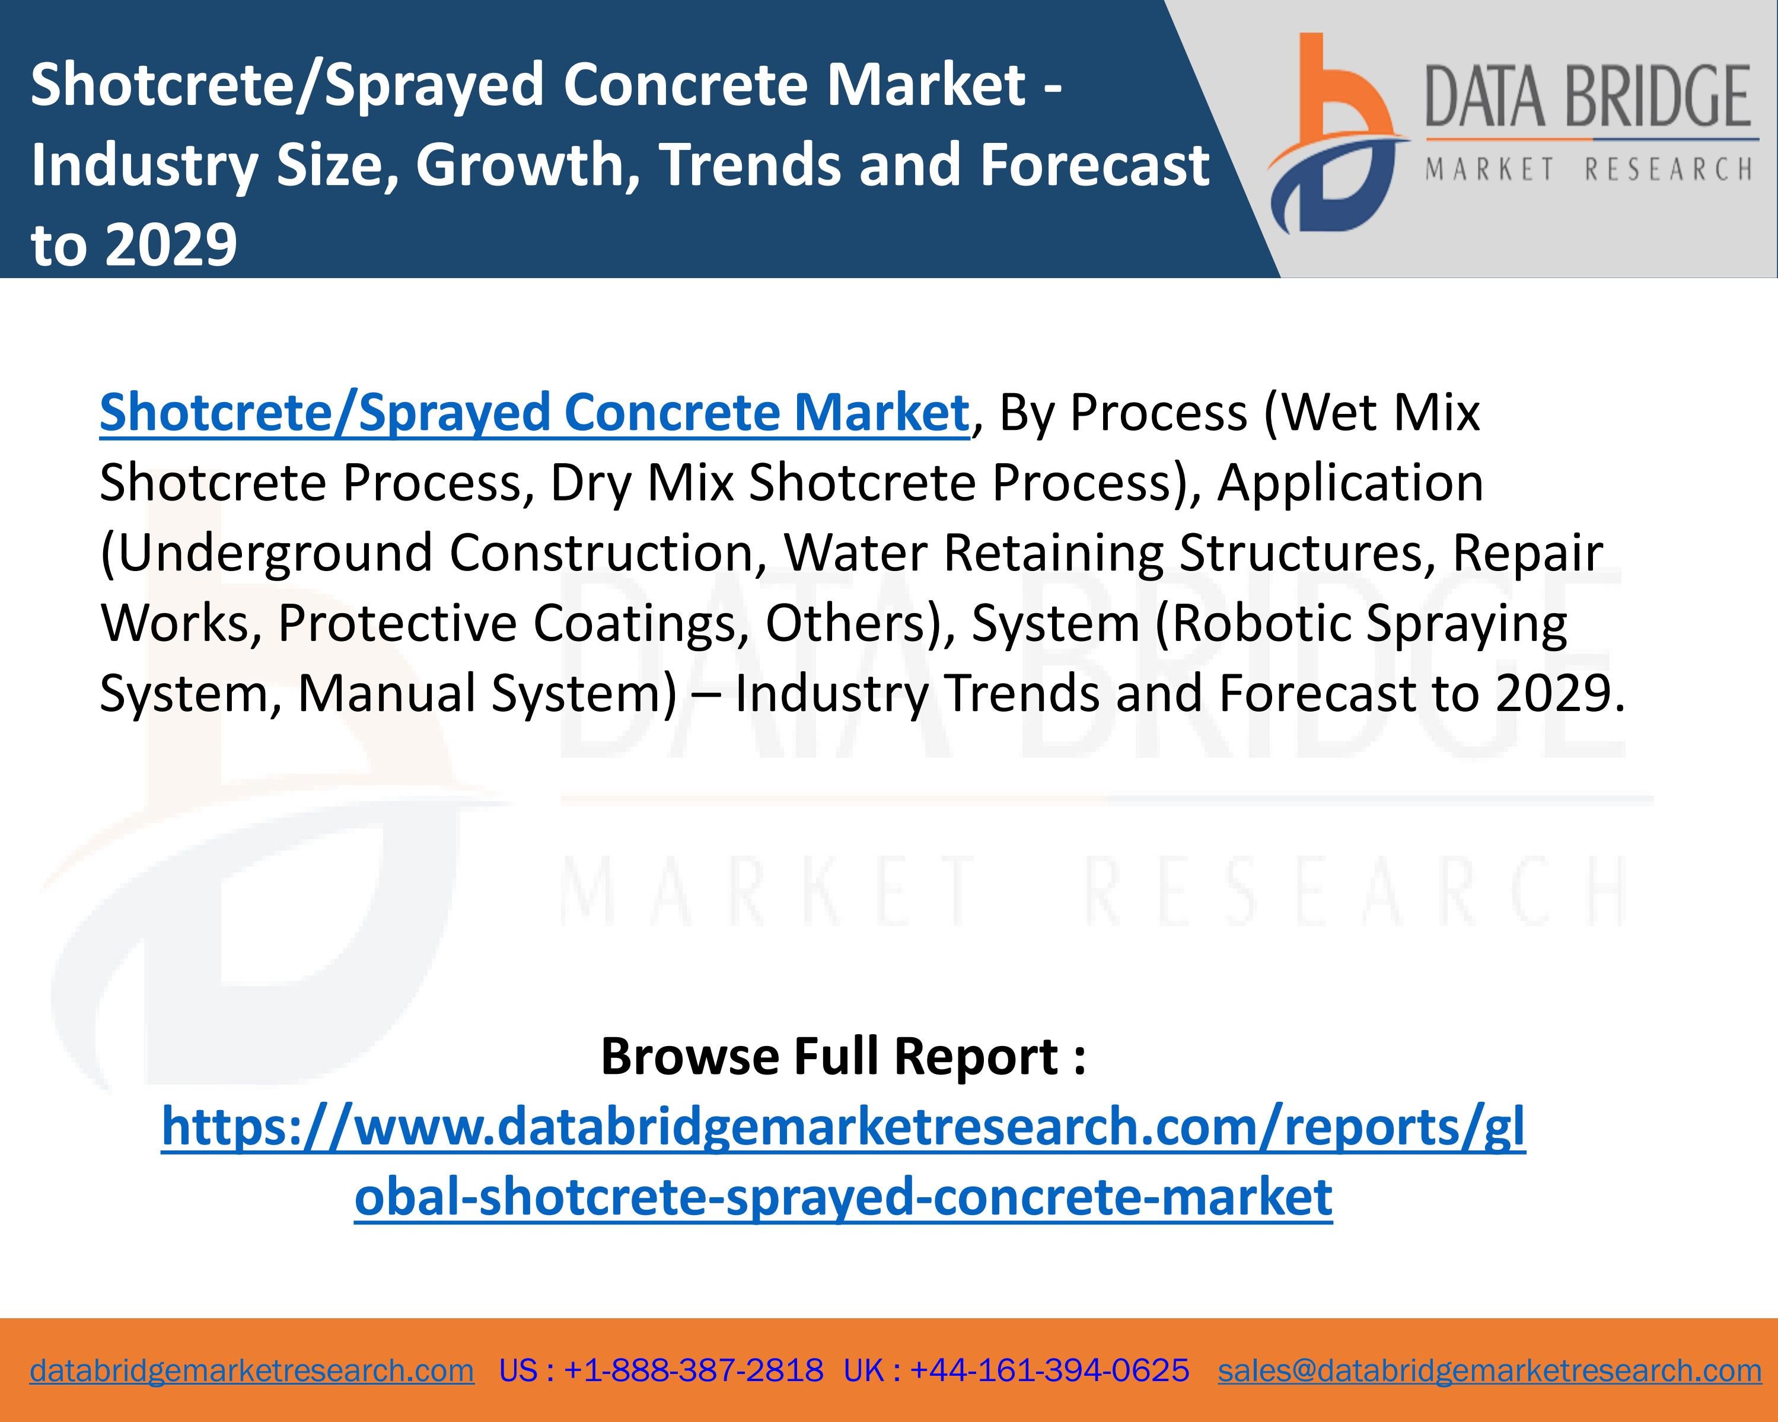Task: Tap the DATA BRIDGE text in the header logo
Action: pos(1588,97)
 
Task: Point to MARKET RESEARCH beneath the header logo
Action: pos(1588,170)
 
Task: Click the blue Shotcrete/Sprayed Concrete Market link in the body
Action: pos(534,412)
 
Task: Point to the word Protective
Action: pos(397,623)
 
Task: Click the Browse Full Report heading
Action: pos(843,1056)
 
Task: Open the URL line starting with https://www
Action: pos(843,1127)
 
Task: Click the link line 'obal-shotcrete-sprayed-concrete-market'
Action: pos(843,1197)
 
